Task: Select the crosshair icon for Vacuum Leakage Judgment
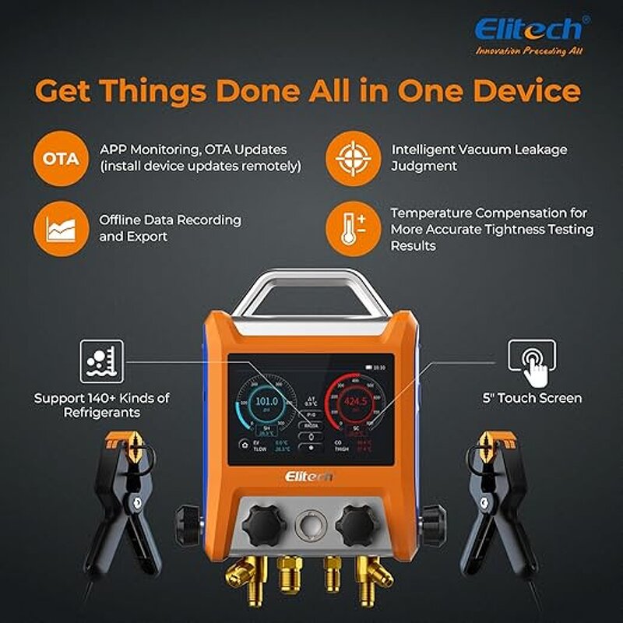pyautogui.click(x=350, y=158)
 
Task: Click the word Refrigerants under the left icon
pyautogui.click(x=102, y=414)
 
